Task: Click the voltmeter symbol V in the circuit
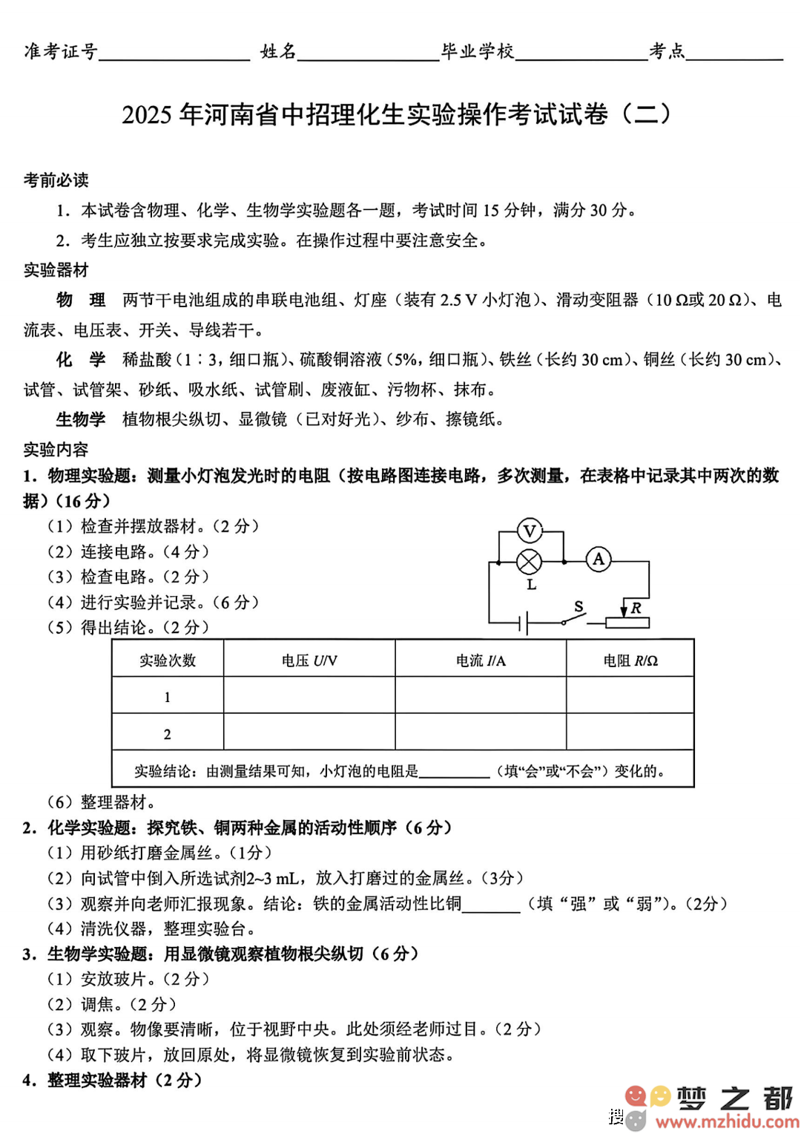(x=530, y=531)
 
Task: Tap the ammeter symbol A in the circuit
(x=599, y=560)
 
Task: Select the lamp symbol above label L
(x=529, y=562)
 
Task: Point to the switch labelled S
(x=574, y=618)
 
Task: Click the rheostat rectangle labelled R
(x=627, y=623)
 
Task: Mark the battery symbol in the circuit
(x=524, y=623)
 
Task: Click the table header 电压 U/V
(x=309, y=661)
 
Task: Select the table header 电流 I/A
(x=481, y=661)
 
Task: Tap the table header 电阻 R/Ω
(x=630, y=661)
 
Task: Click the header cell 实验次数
(x=168, y=661)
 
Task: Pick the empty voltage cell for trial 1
(x=309, y=696)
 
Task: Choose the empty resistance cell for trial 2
(x=630, y=733)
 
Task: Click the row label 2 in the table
(x=168, y=734)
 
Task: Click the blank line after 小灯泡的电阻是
(x=454, y=772)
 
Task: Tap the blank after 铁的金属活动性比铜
(x=491, y=904)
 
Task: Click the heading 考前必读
(x=56, y=180)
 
